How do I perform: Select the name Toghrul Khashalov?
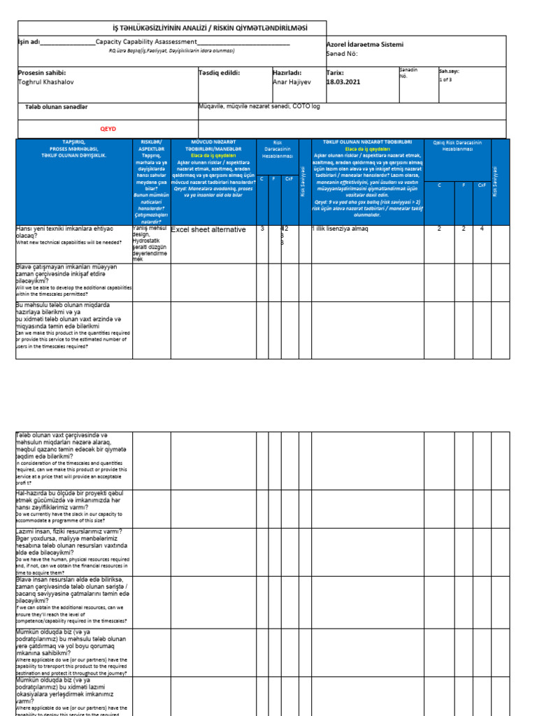tap(48, 82)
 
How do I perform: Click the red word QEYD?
tap(108, 129)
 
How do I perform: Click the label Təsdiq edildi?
tap(220, 72)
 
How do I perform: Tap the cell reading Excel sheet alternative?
tap(208, 229)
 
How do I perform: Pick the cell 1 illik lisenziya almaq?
tap(341, 229)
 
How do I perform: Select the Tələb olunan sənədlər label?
tap(56, 107)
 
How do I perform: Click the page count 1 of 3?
tap(446, 80)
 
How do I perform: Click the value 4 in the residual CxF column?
tap(482, 229)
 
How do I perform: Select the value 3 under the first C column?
tap(262, 229)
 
